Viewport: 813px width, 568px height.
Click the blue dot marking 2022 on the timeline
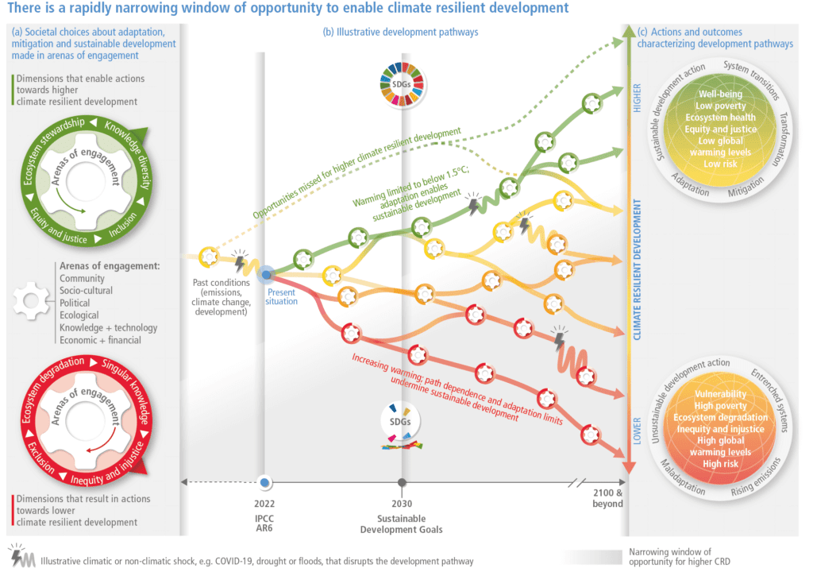pyautogui.click(x=265, y=481)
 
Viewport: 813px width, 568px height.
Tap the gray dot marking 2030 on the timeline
pyautogui.click(x=403, y=481)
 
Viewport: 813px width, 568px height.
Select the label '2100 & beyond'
pyautogui.click(x=607, y=498)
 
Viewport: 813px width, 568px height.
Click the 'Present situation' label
pyautogui.click(x=282, y=296)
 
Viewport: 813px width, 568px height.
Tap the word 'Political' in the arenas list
pyautogui.click(x=75, y=303)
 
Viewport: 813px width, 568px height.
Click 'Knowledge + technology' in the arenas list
pyautogui.click(x=108, y=327)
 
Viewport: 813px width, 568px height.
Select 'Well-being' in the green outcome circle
pyautogui.click(x=719, y=95)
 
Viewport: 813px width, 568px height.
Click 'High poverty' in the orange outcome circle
pyautogui.click(x=720, y=406)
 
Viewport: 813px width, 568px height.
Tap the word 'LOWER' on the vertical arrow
pyautogui.click(x=637, y=432)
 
